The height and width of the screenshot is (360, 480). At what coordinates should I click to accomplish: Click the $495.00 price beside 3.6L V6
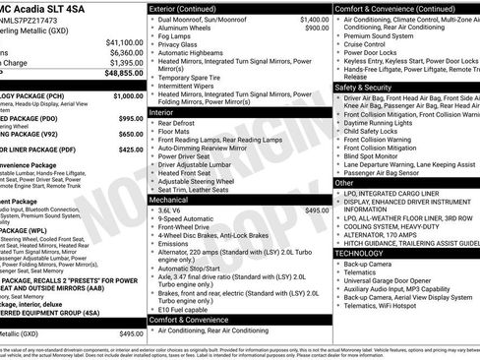pos(317,210)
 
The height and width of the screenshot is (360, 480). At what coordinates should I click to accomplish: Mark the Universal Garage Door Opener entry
pos(398,282)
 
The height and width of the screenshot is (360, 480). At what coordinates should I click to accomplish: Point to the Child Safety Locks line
pos(376,130)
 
